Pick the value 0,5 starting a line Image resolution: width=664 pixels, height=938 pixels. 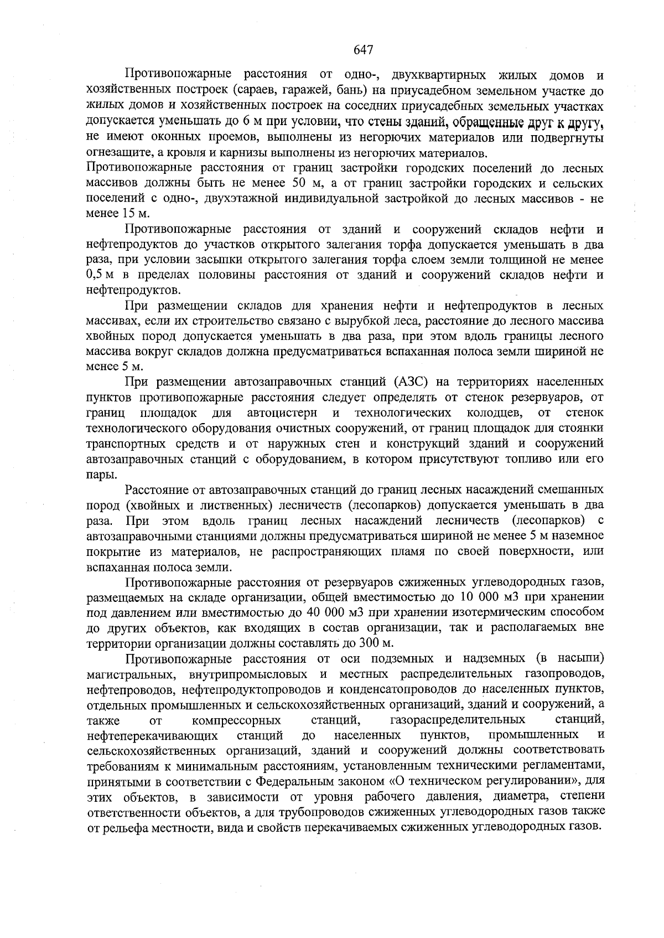[97, 275]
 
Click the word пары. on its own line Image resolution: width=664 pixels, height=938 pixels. [101, 475]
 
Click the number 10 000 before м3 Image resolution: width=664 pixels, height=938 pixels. [481, 597]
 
